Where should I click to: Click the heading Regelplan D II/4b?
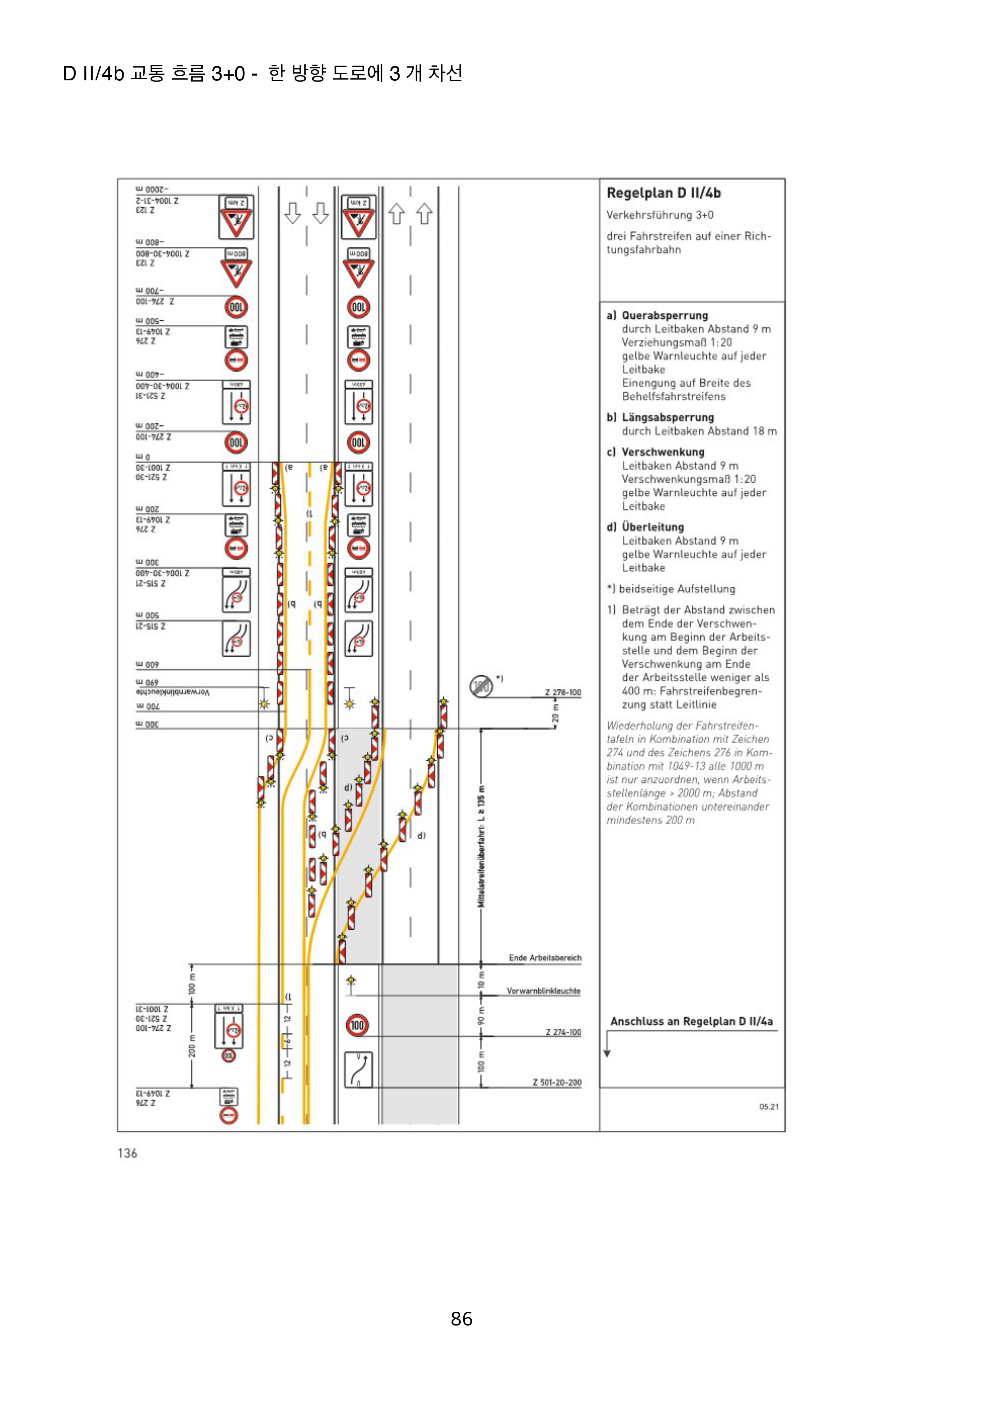(663, 193)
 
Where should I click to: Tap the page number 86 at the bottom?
(462, 1319)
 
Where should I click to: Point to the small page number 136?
(127, 1153)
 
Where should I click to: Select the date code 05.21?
(768, 1107)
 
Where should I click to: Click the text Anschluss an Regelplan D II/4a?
(691, 1021)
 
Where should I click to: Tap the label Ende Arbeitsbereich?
(544, 958)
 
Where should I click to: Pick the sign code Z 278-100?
(563, 693)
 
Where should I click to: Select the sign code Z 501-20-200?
(557, 1082)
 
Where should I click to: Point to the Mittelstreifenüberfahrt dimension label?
(482, 846)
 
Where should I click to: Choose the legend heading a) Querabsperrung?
(657, 315)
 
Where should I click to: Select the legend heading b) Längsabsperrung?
(660, 417)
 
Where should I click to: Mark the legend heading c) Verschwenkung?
(655, 452)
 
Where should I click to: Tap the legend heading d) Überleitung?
(645, 527)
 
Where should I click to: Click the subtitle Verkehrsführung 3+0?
(660, 215)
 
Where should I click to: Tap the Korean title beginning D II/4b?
(262, 73)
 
